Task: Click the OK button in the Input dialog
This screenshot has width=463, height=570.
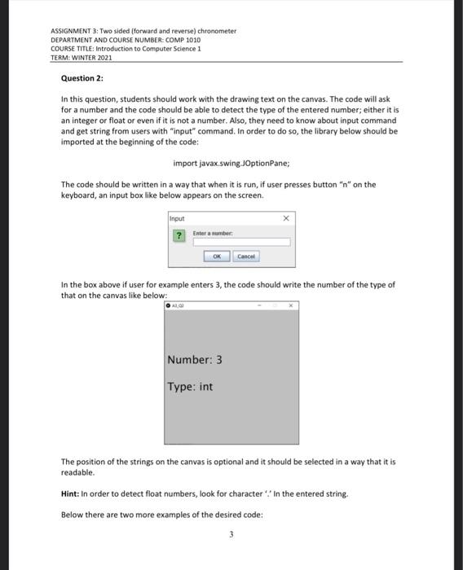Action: pos(217,256)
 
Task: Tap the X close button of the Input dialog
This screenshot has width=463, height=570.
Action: pos(285,218)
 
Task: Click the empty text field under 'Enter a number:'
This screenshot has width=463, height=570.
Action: pos(241,242)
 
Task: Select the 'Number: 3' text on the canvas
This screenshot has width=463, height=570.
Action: pos(195,360)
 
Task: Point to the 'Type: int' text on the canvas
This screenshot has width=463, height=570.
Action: pos(190,387)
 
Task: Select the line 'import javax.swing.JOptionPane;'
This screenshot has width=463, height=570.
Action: pos(231,163)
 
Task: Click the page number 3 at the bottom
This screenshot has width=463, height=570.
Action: pos(231,534)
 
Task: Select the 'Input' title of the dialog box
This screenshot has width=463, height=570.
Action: pos(177,218)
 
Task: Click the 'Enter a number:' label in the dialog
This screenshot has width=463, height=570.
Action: pos(214,233)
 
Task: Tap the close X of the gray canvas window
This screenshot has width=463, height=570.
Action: pos(291,305)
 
